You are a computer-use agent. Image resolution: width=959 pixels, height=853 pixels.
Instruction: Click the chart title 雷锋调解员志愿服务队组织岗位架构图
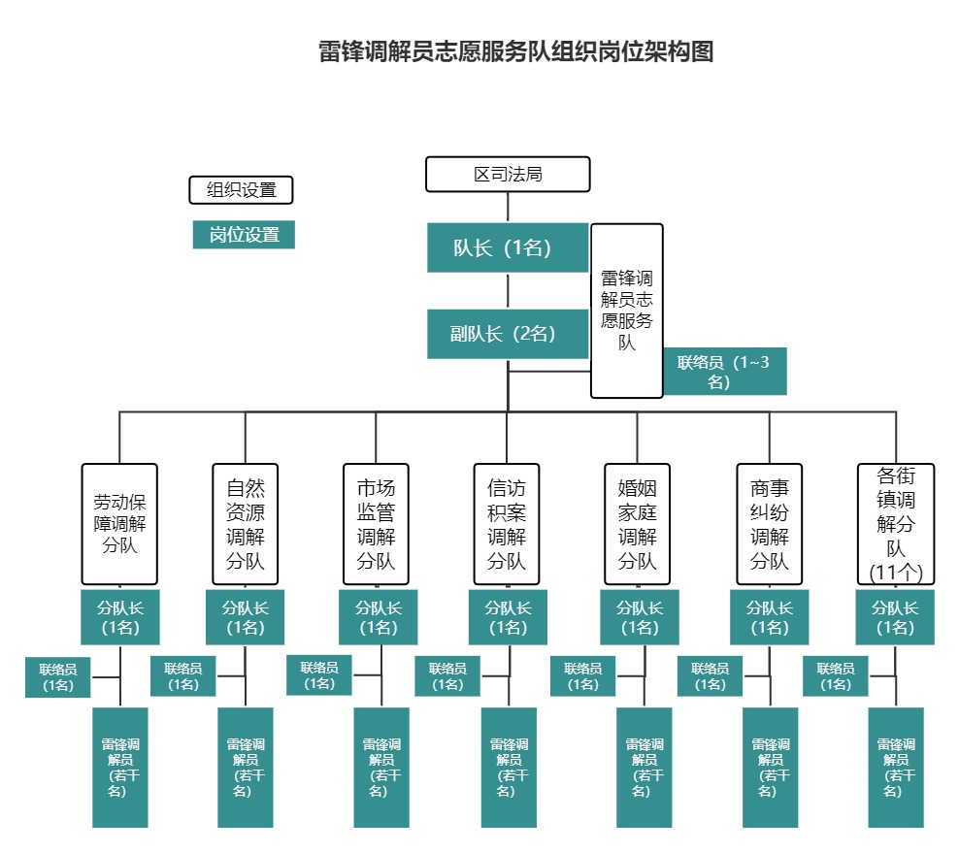tap(515, 52)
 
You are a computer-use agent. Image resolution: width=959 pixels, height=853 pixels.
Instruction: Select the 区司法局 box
tap(508, 175)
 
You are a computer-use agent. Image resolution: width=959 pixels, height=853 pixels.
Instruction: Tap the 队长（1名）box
tap(508, 247)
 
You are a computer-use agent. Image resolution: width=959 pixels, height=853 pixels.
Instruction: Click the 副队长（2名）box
tap(508, 334)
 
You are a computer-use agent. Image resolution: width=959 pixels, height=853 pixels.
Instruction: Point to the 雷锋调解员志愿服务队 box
tap(627, 311)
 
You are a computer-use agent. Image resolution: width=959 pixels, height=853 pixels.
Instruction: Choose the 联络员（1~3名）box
tap(725, 372)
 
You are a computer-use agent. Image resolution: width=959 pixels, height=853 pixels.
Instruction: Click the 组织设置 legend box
tap(241, 190)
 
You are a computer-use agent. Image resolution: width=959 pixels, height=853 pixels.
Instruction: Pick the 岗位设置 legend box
tap(244, 235)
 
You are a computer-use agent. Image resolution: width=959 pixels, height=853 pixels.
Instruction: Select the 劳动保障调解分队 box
tap(119, 523)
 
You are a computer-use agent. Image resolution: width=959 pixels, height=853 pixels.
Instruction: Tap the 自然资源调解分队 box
tap(246, 523)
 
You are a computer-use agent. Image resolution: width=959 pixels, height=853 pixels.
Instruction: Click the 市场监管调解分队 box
tap(376, 523)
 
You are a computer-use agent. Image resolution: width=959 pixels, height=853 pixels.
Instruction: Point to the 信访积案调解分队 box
tap(507, 523)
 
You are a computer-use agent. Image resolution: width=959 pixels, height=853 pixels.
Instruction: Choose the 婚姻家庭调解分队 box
tap(638, 523)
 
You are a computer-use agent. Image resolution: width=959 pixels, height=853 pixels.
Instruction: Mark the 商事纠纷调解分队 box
tap(770, 523)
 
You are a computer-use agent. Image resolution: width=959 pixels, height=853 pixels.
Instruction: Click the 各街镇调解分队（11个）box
tap(896, 523)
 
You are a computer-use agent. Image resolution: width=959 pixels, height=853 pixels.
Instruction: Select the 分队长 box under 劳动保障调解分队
tap(119, 617)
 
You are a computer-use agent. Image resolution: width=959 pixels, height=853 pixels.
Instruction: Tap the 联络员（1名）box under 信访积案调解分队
tap(447, 676)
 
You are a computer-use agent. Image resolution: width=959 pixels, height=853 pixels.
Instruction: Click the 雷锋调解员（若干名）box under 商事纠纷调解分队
tap(771, 767)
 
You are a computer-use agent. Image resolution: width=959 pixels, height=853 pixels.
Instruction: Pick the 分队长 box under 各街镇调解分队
tap(895, 617)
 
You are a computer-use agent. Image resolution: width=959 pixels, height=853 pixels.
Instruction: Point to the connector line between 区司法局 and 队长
tap(508, 208)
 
